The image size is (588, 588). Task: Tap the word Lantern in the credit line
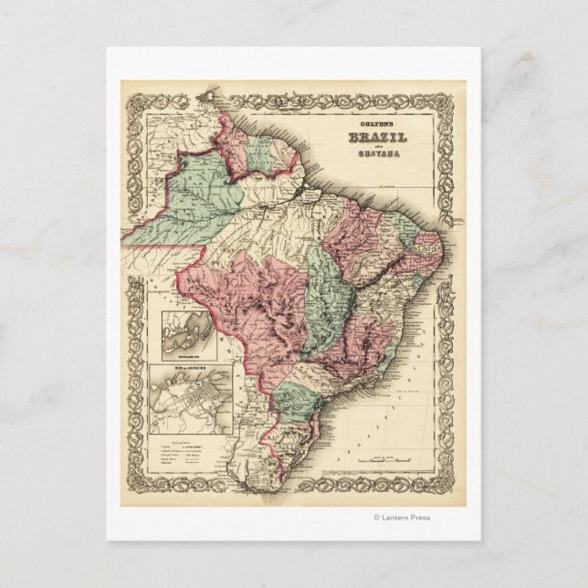[x=401, y=518]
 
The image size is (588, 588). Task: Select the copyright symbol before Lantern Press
[x=376, y=518]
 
